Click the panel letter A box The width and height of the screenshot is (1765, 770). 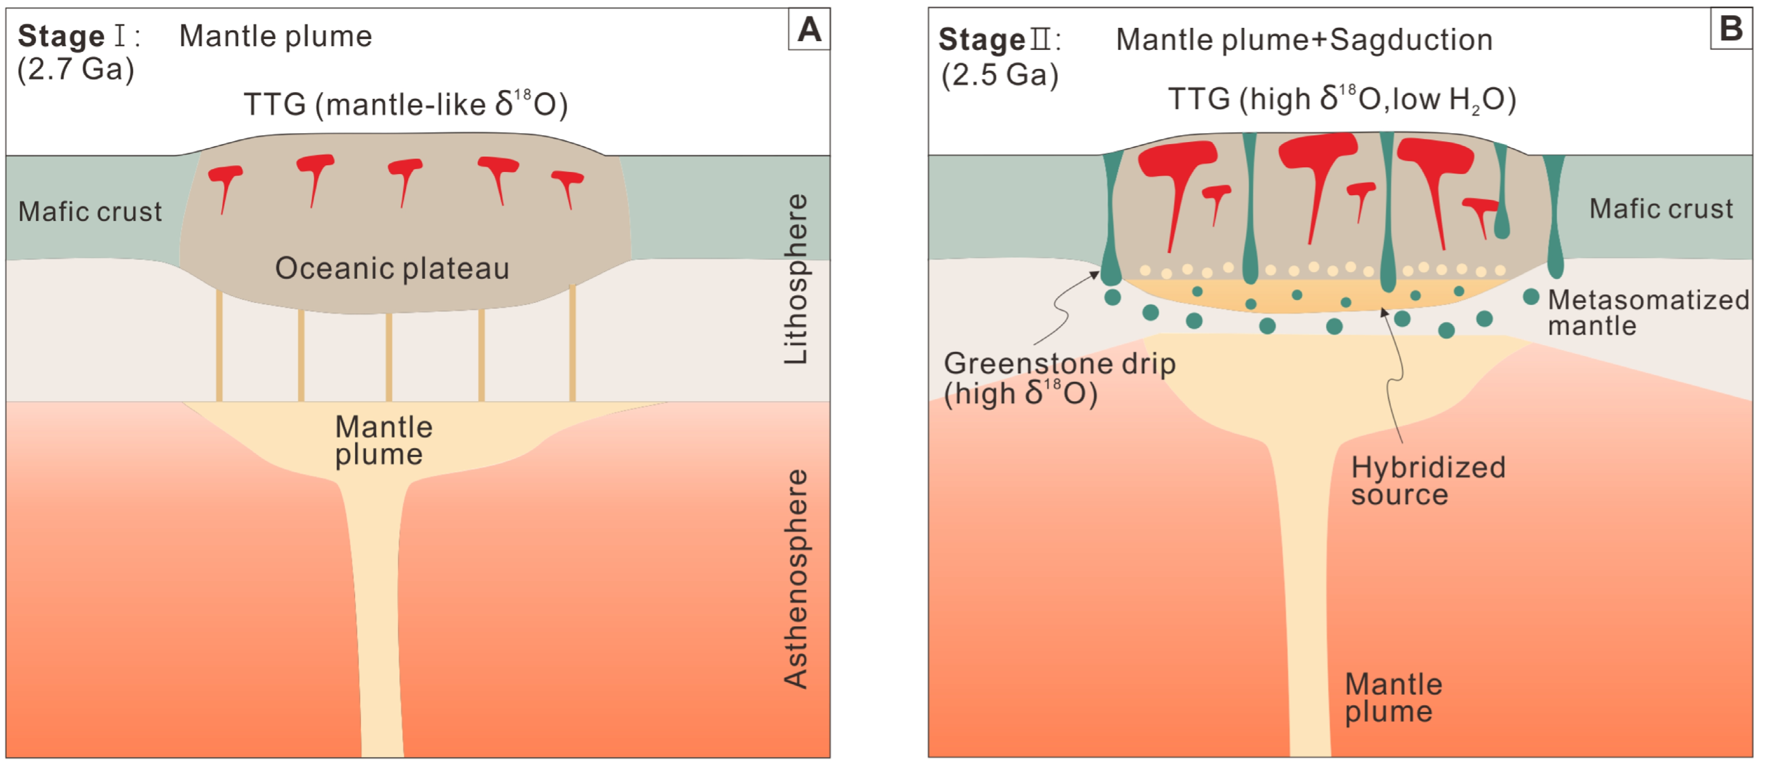(809, 29)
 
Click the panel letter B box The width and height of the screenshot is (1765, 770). (1731, 29)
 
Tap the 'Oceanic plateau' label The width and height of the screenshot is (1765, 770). (392, 268)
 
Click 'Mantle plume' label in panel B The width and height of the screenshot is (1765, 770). (1393, 697)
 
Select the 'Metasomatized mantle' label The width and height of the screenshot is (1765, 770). (1648, 312)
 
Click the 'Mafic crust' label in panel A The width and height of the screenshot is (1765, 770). (90, 212)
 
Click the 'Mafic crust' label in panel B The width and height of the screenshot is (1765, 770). (1661, 208)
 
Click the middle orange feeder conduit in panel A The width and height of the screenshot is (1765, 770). (389, 357)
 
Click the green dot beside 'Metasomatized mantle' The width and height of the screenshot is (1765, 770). (1531, 297)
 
